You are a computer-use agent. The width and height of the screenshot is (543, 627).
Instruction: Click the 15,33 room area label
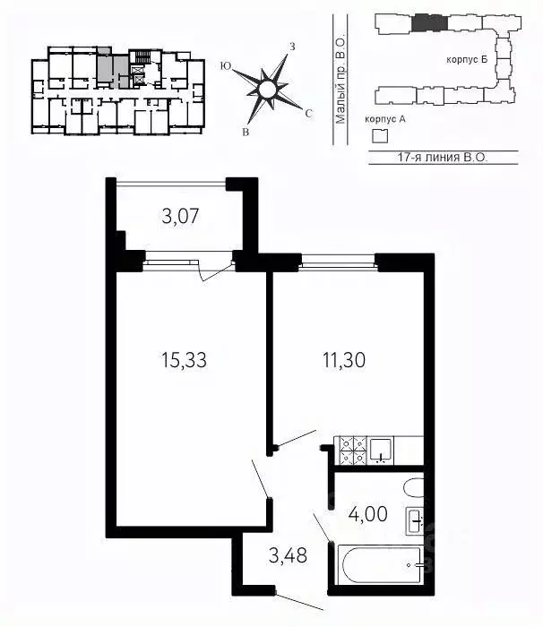[184, 360]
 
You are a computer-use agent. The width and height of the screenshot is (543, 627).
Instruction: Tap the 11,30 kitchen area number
[344, 360]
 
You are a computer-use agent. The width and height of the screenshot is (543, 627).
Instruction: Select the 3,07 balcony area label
[180, 217]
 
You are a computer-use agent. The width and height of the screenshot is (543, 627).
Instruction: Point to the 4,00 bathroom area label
[367, 514]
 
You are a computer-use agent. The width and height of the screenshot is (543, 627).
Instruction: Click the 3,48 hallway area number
[288, 555]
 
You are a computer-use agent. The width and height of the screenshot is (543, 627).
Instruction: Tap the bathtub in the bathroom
[379, 565]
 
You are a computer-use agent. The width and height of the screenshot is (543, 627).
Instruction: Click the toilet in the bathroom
[414, 488]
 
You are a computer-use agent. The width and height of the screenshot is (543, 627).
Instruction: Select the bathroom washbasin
[415, 520]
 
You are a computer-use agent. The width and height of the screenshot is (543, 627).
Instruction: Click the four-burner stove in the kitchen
[353, 451]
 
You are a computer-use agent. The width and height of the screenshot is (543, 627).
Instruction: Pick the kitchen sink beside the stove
[381, 451]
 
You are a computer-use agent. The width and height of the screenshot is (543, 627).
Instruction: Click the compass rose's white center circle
[266, 90]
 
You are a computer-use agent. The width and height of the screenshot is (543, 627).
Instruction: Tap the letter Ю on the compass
[226, 66]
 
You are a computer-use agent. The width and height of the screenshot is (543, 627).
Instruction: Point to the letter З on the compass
[292, 47]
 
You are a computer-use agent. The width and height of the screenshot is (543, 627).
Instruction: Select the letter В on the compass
[246, 133]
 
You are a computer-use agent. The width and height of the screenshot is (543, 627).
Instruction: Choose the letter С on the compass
[308, 114]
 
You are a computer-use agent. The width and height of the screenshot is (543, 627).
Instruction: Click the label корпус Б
[467, 60]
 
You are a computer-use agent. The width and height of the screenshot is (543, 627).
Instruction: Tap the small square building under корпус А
[380, 136]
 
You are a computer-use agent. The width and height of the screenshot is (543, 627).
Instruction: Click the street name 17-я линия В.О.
[443, 157]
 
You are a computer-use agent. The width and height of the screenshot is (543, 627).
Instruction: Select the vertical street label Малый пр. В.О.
[340, 82]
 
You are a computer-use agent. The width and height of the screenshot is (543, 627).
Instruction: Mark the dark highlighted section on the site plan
[429, 22]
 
